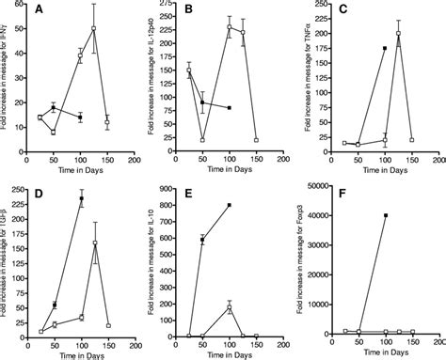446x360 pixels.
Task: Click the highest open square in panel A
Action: click(x=120, y=28)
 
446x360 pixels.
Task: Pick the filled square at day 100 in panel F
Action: click(x=386, y=215)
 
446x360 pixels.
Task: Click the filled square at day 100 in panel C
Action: click(x=386, y=48)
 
